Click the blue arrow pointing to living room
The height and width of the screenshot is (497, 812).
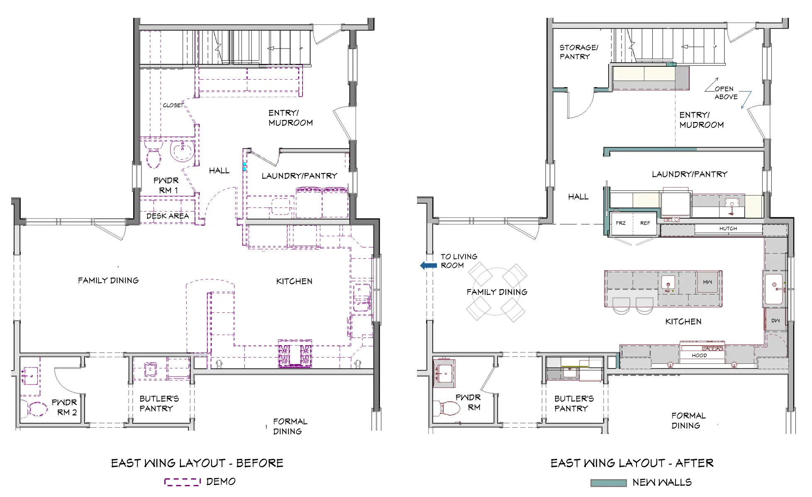coord(428,266)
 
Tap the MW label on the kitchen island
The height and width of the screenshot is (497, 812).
coord(707,282)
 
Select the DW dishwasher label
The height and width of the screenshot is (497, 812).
coord(775,321)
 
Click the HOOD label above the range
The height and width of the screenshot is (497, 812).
coord(699,356)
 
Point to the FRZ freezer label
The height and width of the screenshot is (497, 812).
coord(620,223)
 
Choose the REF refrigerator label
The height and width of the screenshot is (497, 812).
coord(645,223)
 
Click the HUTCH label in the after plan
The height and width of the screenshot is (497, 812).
coord(728,229)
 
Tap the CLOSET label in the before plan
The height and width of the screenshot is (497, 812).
coord(173,105)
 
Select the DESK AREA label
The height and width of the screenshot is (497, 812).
coord(167,216)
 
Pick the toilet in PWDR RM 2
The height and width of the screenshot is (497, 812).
coord(37,409)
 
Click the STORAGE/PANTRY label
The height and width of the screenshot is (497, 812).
coord(578,52)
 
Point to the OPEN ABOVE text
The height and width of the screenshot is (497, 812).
coord(726,93)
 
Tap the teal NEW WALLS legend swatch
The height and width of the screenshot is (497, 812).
coord(608,483)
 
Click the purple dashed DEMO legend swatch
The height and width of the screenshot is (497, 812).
coord(182,482)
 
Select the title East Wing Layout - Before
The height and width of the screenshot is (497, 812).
coord(197,463)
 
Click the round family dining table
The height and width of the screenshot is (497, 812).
coord(496,292)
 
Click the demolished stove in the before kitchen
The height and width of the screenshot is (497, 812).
coord(295,354)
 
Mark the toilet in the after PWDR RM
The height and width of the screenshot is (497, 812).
coord(447,408)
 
